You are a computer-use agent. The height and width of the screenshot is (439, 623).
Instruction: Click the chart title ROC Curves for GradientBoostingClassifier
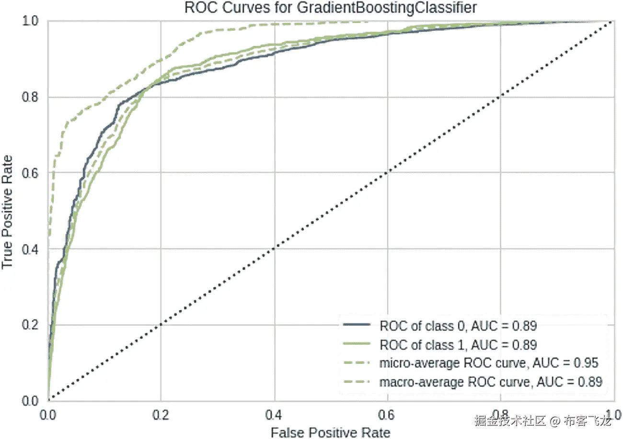click(x=311, y=8)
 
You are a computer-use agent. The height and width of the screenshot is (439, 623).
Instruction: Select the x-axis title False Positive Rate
click(x=330, y=432)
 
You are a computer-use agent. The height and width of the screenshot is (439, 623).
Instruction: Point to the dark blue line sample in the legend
click(x=358, y=326)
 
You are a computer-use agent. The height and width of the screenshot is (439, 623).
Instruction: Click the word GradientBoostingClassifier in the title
click(x=380, y=8)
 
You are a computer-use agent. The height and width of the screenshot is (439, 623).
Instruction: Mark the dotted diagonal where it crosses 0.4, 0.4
click(x=274, y=249)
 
